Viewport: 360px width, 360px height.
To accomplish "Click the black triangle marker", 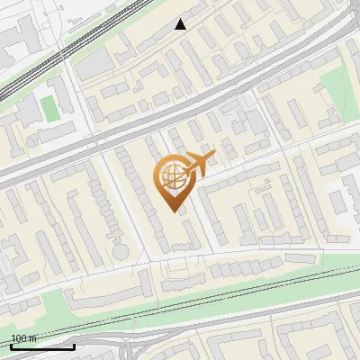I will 181,24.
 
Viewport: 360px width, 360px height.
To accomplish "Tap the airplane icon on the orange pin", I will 200,164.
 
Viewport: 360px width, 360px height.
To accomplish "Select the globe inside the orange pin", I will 171,178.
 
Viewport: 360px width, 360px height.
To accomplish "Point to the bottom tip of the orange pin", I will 173,211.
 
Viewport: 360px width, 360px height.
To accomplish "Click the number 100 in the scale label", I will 18,338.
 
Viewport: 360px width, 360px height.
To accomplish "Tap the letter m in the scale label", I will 32,338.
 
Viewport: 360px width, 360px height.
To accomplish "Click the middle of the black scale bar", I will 42,346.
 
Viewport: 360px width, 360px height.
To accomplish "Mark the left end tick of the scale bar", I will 11,345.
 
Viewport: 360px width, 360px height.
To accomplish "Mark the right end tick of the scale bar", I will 74,345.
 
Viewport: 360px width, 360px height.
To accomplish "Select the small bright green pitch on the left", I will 49,109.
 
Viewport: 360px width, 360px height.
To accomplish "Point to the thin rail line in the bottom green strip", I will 225,297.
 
